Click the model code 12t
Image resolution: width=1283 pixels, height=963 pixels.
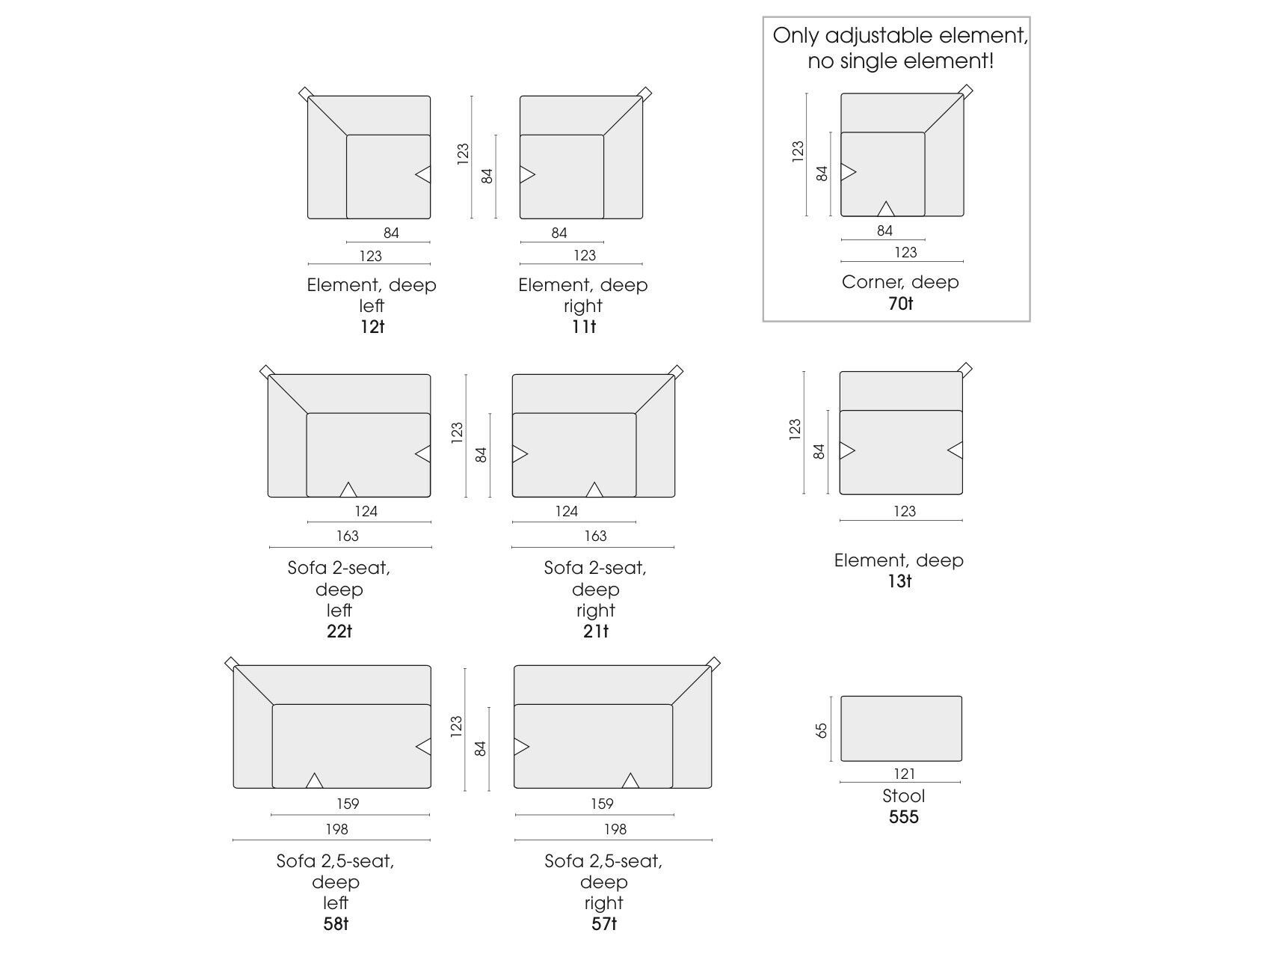pos(372,327)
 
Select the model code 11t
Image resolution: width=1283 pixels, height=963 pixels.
pos(584,327)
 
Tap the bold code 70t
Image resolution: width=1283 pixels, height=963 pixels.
pos(901,304)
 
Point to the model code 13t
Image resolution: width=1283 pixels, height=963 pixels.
pos(899,581)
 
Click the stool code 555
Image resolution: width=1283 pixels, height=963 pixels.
pos(904,817)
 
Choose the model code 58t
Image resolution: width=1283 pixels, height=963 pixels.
pos(336,924)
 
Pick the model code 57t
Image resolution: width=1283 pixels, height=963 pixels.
pos(604,924)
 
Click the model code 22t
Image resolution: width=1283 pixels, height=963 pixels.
pos(339,632)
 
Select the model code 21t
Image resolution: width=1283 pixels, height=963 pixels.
pos(596,632)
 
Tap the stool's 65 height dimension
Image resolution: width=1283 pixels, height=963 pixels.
pos(822,730)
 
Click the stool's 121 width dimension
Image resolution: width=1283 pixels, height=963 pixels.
pos(904,774)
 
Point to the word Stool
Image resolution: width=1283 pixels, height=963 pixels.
pos(904,796)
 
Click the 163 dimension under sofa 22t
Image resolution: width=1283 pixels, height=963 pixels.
pos(348,536)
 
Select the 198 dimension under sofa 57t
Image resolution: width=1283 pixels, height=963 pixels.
pos(615,829)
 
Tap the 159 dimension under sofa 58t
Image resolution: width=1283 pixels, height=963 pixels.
pos(348,804)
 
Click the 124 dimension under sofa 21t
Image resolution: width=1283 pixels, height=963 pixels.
pos(567,511)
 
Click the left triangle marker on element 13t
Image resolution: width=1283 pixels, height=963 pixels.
pos(847,450)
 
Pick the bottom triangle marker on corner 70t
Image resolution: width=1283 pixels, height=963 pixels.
pos(886,209)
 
